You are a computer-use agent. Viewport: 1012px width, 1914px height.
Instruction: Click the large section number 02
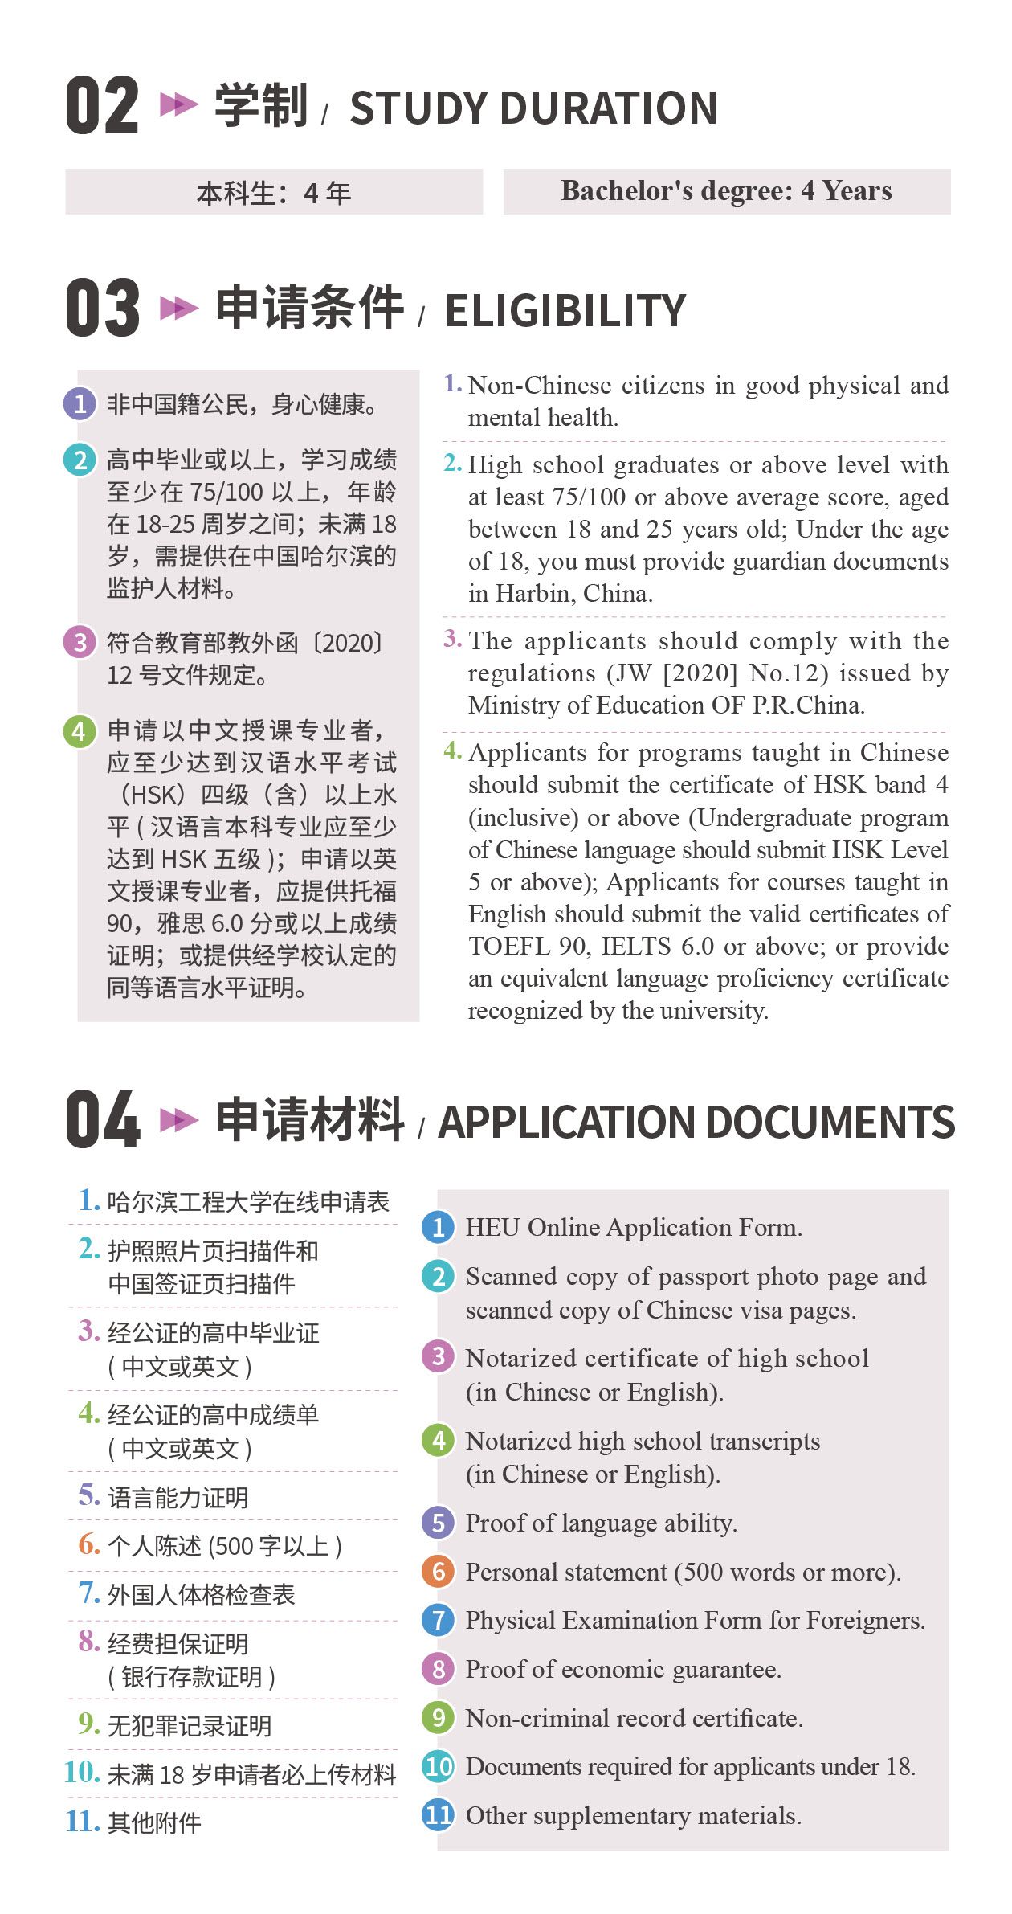[102, 105]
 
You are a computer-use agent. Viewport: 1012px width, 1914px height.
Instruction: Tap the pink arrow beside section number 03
[179, 308]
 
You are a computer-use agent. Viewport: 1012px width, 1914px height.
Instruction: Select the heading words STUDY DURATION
[533, 108]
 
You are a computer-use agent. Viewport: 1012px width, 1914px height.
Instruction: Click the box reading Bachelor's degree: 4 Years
[726, 191]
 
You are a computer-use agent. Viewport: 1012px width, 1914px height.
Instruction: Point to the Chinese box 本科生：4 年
[274, 193]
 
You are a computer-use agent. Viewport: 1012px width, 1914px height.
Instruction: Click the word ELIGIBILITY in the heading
[565, 311]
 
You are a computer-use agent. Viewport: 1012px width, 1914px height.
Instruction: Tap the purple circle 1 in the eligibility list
[80, 403]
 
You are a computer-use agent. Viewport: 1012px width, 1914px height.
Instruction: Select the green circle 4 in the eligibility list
[80, 731]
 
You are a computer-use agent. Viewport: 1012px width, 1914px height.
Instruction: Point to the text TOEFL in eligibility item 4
[508, 947]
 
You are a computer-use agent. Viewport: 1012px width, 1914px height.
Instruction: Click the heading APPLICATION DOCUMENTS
[696, 1122]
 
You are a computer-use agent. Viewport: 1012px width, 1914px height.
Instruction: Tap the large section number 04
[102, 1119]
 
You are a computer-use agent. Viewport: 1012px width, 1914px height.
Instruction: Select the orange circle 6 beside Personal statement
[439, 1572]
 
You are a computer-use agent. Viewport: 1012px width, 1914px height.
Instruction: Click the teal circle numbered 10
[439, 1766]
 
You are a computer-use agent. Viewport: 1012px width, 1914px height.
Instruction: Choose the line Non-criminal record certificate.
[634, 1718]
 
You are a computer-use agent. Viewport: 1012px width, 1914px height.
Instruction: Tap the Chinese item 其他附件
[154, 1822]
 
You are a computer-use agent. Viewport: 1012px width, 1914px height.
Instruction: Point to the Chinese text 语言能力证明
[178, 1498]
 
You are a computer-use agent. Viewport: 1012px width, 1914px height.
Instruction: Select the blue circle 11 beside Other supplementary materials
[439, 1815]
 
